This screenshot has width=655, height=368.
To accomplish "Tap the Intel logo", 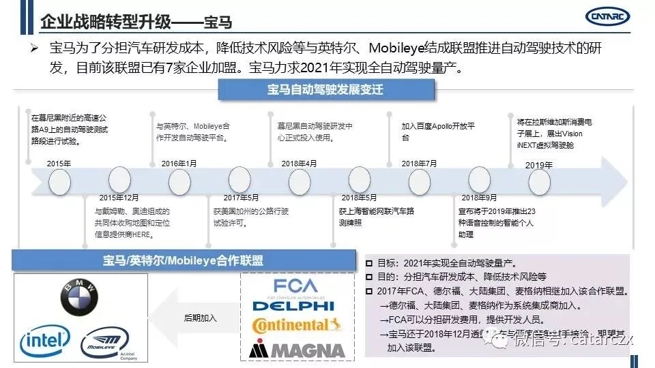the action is (x=46, y=341).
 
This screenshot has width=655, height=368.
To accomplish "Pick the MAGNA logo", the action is (x=297, y=350).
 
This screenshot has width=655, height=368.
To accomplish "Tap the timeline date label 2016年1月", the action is (x=179, y=164).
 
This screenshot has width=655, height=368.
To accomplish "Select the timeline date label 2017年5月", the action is (x=241, y=197).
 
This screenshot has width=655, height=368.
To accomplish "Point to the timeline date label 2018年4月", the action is (x=299, y=164).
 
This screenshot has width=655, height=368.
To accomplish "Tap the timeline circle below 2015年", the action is (x=59, y=181).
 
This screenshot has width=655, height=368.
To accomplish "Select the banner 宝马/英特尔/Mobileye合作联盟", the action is (x=183, y=260).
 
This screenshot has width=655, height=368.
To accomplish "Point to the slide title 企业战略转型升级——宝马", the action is (x=136, y=22).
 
